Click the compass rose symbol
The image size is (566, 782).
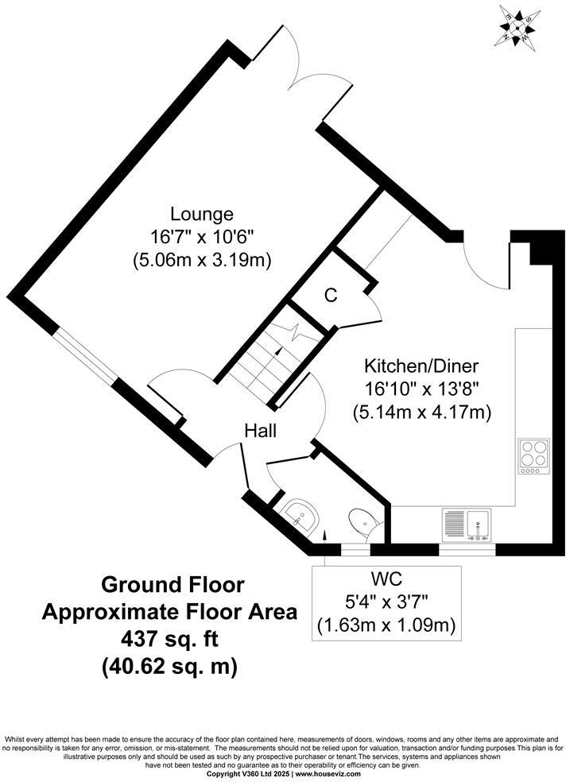pyautogui.click(x=518, y=25)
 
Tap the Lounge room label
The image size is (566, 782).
pyautogui.click(x=201, y=215)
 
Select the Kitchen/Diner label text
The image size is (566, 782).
pyautogui.click(x=421, y=367)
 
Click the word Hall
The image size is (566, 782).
pyautogui.click(x=260, y=431)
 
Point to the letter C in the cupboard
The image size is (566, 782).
pyautogui.click(x=331, y=296)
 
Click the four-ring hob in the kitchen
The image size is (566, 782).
pyautogui.click(x=533, y=456)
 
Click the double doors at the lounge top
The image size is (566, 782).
pyautogui.click(x=300, y=68)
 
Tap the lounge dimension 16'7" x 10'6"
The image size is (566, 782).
pyautogui.click(x=201, y=237)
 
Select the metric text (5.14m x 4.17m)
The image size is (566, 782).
pyautogui.click(x=421, y=412)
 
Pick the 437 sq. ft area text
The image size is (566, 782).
pyautogui.click(x=169, y=639)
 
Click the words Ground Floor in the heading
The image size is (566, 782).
pyautogui.click(x=171, y=585)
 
